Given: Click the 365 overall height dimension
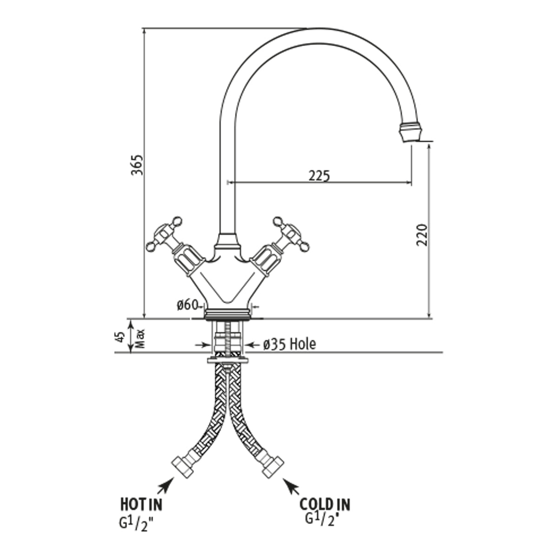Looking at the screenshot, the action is coord(137,165).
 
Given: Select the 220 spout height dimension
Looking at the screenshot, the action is coord(422,235).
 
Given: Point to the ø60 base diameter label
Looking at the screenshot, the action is coord(188,305).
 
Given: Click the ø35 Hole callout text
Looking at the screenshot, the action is coord(290,344).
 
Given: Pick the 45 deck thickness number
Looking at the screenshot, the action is coord(120,337).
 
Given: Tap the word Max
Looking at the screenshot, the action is coord(140,339).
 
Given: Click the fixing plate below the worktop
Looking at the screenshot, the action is coord(227,360).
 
